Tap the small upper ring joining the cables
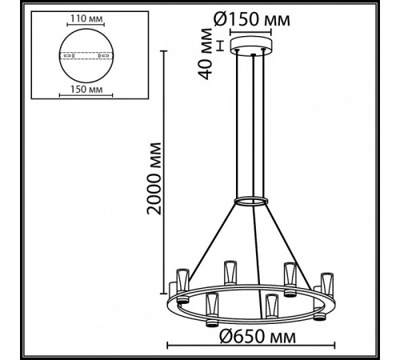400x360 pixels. click(250, 198)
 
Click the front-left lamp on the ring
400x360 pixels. click(212, 308)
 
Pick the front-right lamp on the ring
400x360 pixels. click(273, 306)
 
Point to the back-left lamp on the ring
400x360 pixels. click(230, 272)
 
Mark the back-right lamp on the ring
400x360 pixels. click(290, 275)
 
